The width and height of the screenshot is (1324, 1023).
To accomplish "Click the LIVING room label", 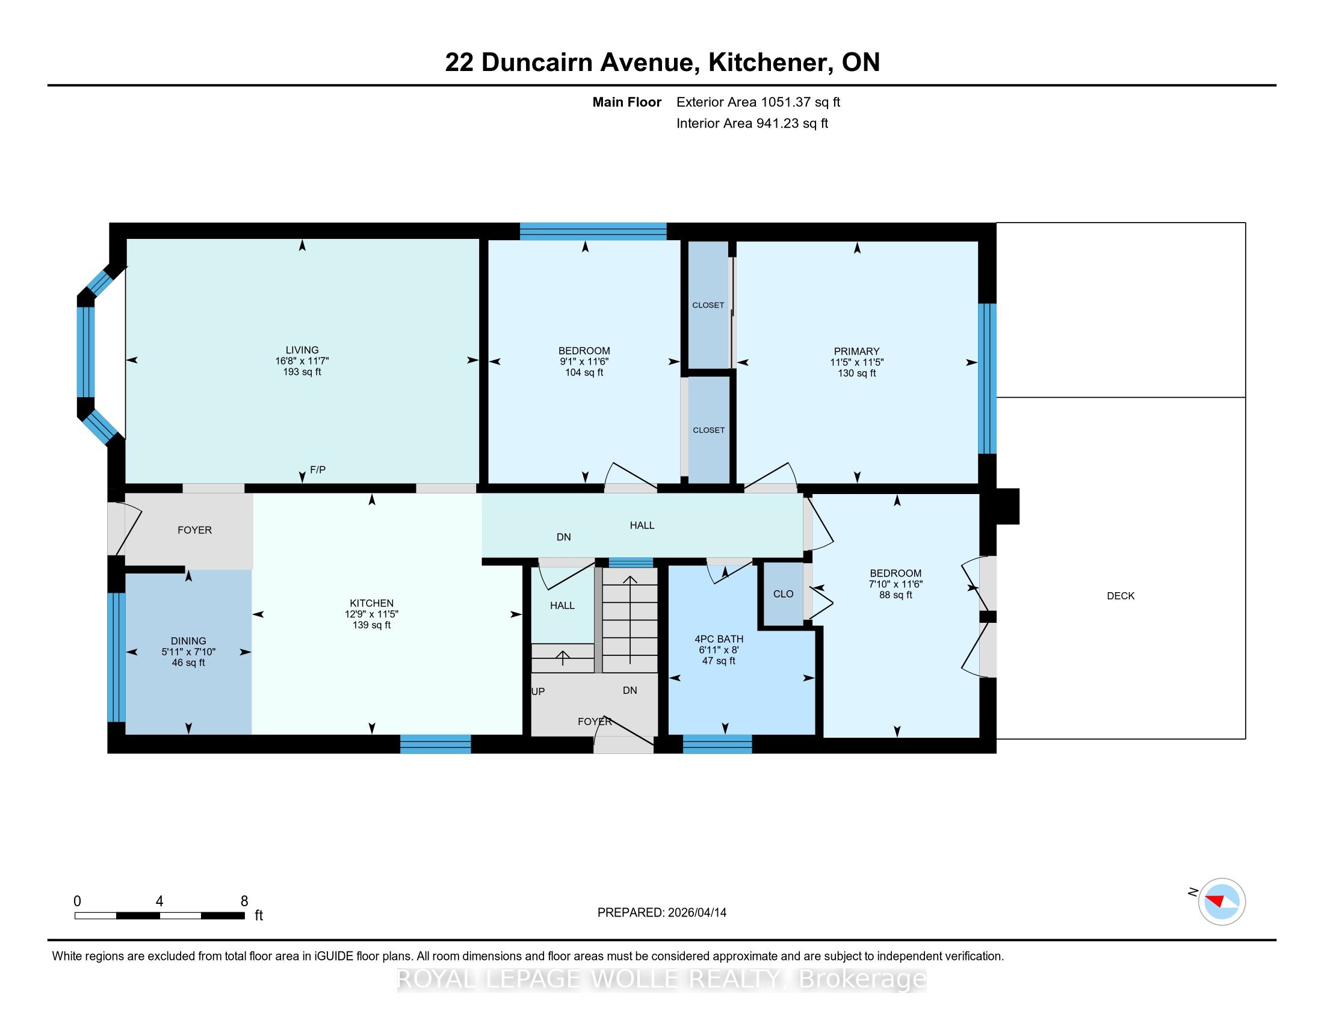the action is pos(302,350).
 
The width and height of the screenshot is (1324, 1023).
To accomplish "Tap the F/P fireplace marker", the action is pos(318,470).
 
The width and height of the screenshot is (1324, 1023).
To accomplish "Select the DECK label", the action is pos(1121,596).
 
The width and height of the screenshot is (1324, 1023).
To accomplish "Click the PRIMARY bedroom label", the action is pos(856,351).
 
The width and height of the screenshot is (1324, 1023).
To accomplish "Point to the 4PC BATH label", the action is pos(719,638).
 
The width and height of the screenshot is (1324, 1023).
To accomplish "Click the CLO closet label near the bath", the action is pos(783,594).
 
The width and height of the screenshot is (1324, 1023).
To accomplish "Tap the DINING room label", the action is pos(188,641).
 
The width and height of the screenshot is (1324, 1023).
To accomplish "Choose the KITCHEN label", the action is pos(371,603).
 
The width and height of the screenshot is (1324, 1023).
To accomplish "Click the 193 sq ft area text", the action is pos(302,371).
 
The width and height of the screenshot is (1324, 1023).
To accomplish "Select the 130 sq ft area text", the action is pos(856,373).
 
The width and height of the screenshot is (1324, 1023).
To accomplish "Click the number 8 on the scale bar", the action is pos(244,901).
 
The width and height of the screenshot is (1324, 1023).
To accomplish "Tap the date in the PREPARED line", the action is pos(696,913).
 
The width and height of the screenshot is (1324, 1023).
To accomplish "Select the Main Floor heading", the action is pos(627,102).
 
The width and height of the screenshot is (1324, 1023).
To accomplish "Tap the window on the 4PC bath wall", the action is pos(717,744).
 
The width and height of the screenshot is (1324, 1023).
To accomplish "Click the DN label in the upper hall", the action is pos(564,537).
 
